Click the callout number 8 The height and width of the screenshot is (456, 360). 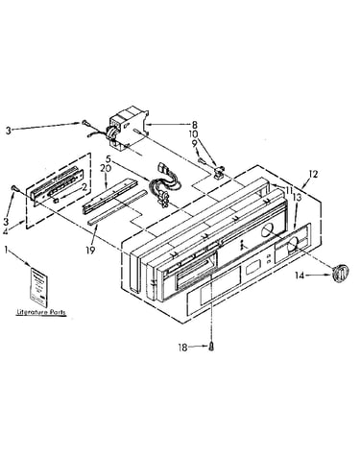pyautogui.click(x=195, y=126)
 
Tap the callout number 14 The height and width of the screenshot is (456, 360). pyautogui.click(x=300, y=276)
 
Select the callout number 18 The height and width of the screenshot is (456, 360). pyautogui.click(x=182, y=348)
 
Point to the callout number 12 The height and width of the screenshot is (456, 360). pyautogui.click(x=313, y=174)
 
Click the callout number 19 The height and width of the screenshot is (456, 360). pyautogui.click(x=90, y=251)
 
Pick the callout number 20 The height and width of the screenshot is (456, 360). pyautogui.click(x=105, y=168)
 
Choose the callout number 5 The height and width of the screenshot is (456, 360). pyautogui.click(x=108, y=158)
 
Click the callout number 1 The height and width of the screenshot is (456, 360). pyautogui.click(x=6, y=250)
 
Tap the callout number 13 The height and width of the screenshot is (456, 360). pyautogui.click(x=298, y=198)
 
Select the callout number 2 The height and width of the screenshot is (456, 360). pyautogui.click(x=84, y=188)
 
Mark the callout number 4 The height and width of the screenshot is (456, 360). pyautogui.click(x=5, y=231)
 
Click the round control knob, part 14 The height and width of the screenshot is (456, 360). pyautogui.click(x=340, y=273)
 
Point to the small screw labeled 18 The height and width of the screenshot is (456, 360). pyautogui.click(x=211, y=347)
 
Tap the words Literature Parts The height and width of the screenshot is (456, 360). pyautogui.click(x=41, y=312)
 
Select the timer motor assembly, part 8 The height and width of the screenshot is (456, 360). pyautogui.click(x=128, y=128)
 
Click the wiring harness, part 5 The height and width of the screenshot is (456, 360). pyautogui.click(x=164, y=185)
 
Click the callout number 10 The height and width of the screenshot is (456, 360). pyautogui.click(x=194, y=134)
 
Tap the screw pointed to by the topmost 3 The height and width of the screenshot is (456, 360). pyautogui.click(x=84, y=122)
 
